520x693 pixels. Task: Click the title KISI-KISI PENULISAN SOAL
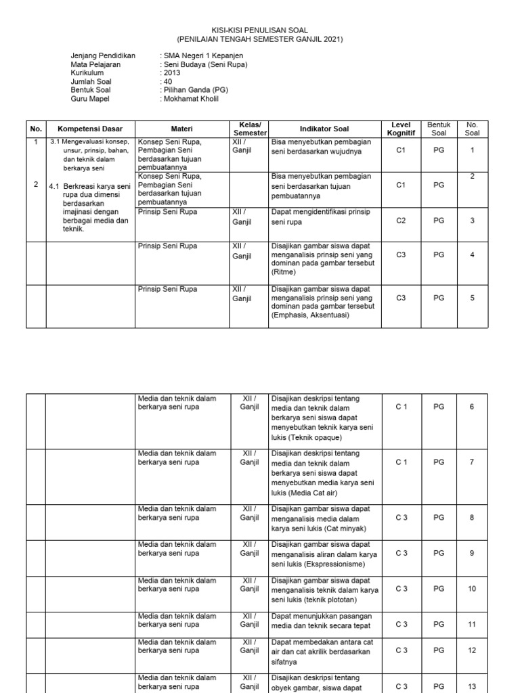tap(260, 30)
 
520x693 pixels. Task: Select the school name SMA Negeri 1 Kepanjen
tap(202, 55)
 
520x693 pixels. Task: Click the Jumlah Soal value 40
tap(167, 81)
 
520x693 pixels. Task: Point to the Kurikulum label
tap(88, 72)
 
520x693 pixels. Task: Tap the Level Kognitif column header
tap(401, 129)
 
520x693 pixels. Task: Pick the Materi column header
tap(181, 129)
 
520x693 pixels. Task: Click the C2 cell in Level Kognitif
tap(401, 220)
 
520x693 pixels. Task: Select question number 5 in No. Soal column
tap(472, 297)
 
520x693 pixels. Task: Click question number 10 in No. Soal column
tap(472, 589)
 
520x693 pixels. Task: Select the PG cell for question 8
tap(439, 517)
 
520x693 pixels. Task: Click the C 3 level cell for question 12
tap(402, 650)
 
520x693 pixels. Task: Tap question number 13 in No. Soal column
tap(472, 686)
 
